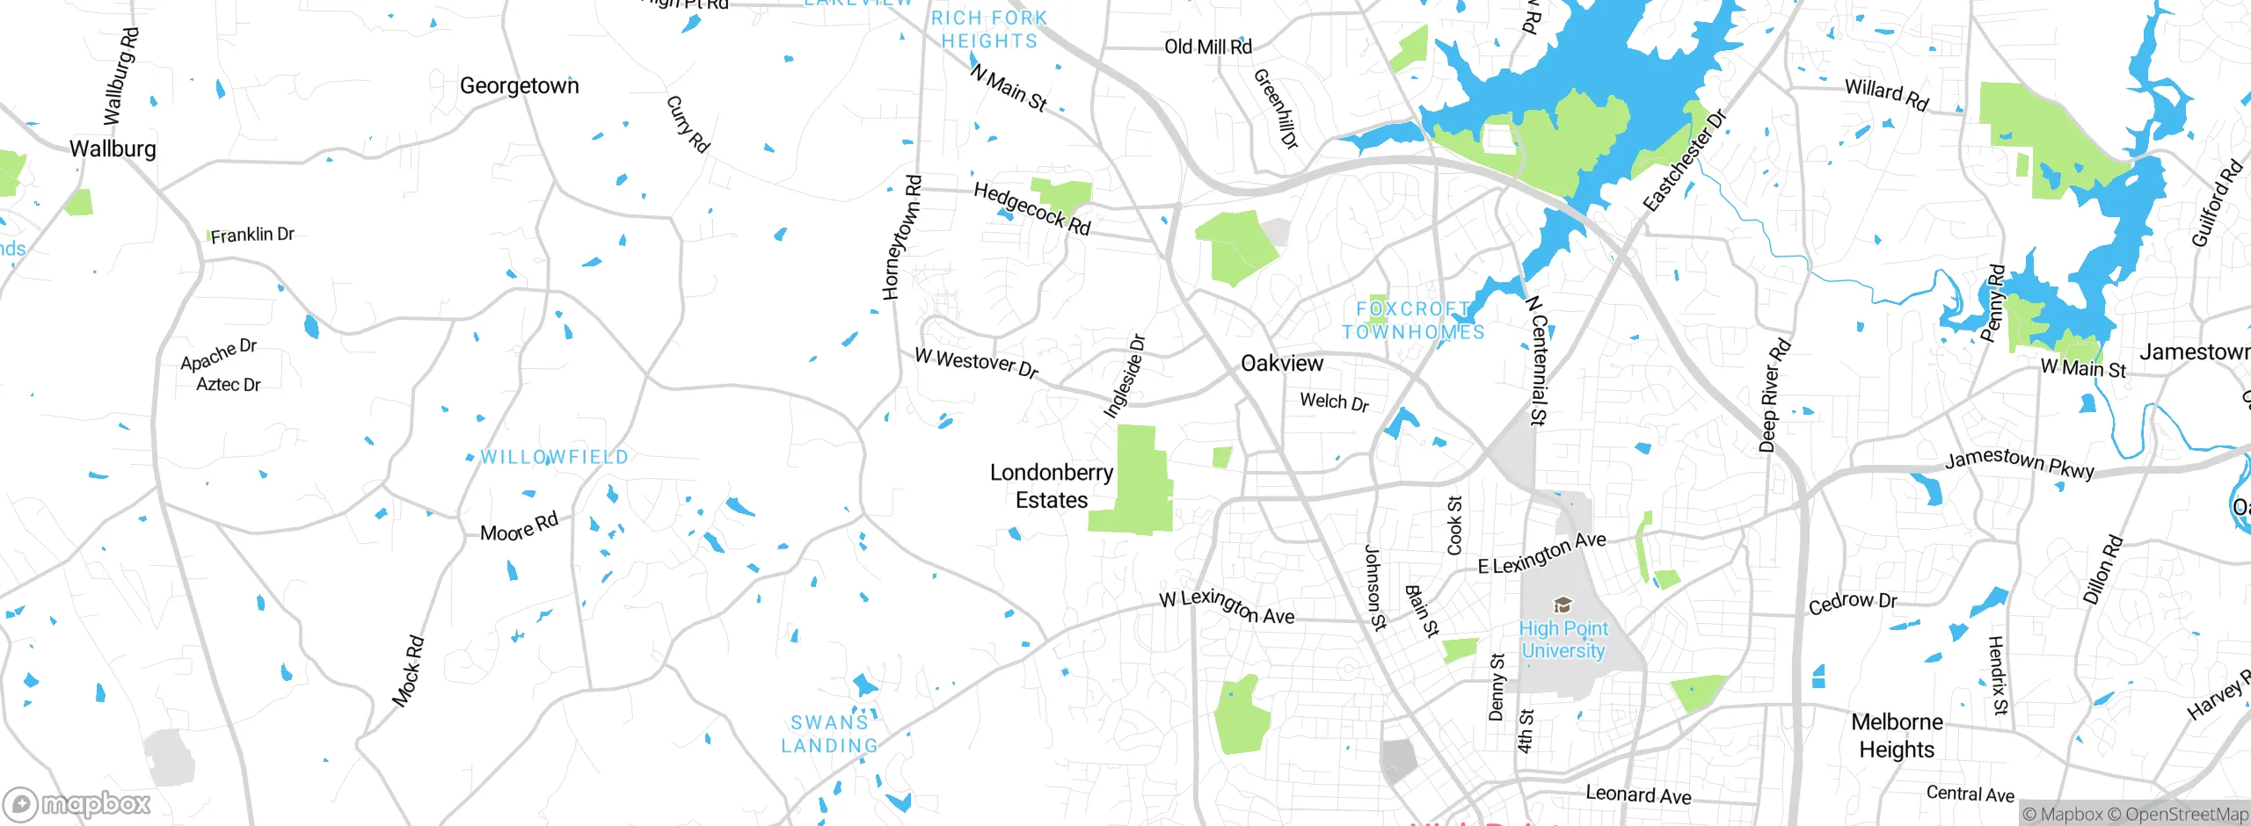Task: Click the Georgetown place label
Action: pyautogui.click(x=519, y=86)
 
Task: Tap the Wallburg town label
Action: pyautogui.click(x=113, y=149)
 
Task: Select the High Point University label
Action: pyautogui.click(x=1563, y=640)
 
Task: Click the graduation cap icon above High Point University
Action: pyautogui.click(x=1563, y=605)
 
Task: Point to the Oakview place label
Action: pyautogui.click(x=1281, y=363)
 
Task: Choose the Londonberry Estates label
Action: pyautogui.click(x=1052, y=486)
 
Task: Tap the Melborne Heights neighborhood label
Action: pyautogui.click(x=1897, y=735)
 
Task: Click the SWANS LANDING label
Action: pyautogui.click(x=829, y=734)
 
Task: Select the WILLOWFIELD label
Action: pyautogui.click(x=554, y=457)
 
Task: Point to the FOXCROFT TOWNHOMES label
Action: pyautogui.click(x=1413, y=321)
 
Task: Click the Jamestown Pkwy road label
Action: pyautogui.click(x=2019, y=463)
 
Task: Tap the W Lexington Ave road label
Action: pyautogui.click(x=1227, y=607)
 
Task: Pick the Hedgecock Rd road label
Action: pyautogui.click(x=1031, y=209)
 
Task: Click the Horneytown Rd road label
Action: pyautogui.click(x=902, y=237)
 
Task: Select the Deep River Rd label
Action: pyautogui.click(x=1774, y=395)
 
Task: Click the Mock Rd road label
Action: pyautogui.click(x=408, y=671)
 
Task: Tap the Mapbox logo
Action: pyautogui.click(x=77, y=804)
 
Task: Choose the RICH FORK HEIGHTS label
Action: pyautogui.click(x=989, y=30)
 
